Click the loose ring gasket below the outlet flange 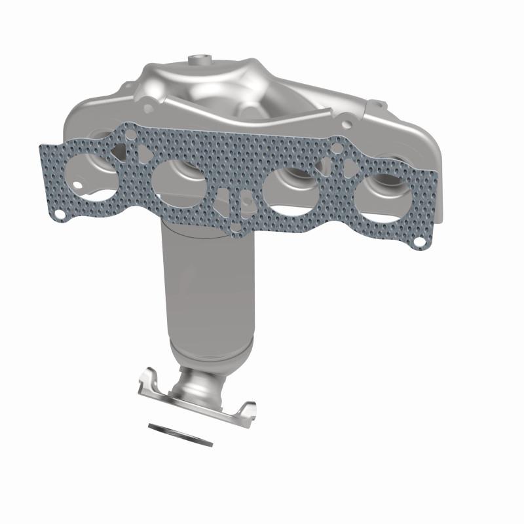(x=181, y=434)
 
